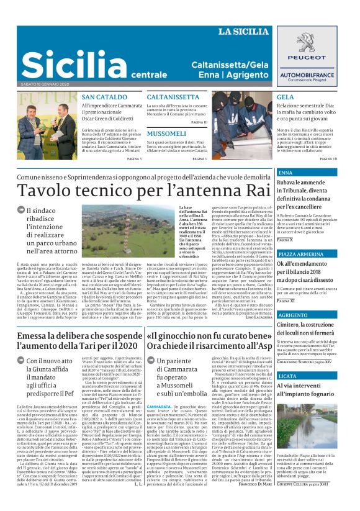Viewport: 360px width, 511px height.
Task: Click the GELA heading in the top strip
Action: [x=286, y=97]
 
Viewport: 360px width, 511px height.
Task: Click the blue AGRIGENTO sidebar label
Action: [x=292, y=315]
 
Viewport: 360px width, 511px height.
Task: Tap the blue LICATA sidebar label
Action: [x=287, y=377]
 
